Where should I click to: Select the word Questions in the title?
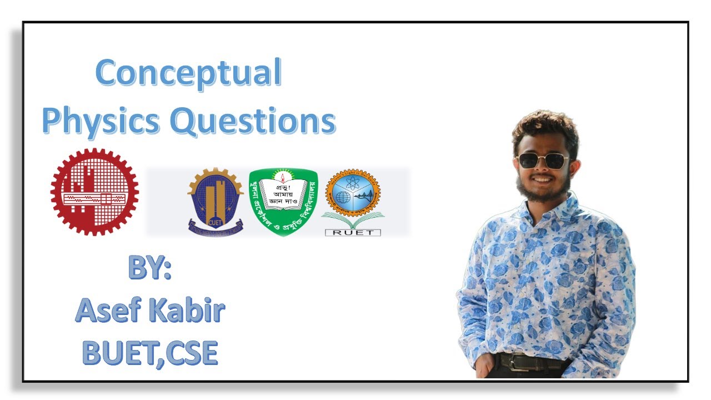pyautogui.click(x=252, y=121)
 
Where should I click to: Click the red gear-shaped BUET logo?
pyautogui.click(x=94, y=191)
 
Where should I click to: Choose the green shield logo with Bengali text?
pyautogui.click(x=283, y=201)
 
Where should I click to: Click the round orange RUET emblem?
pyautogui.click(x=352, y=194)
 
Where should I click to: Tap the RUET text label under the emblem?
pyautogui.click(x=352, y=232)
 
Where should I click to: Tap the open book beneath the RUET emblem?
pyautogui.click(x=352, y=221)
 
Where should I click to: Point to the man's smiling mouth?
pyautogui.click(x=542, y=180)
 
